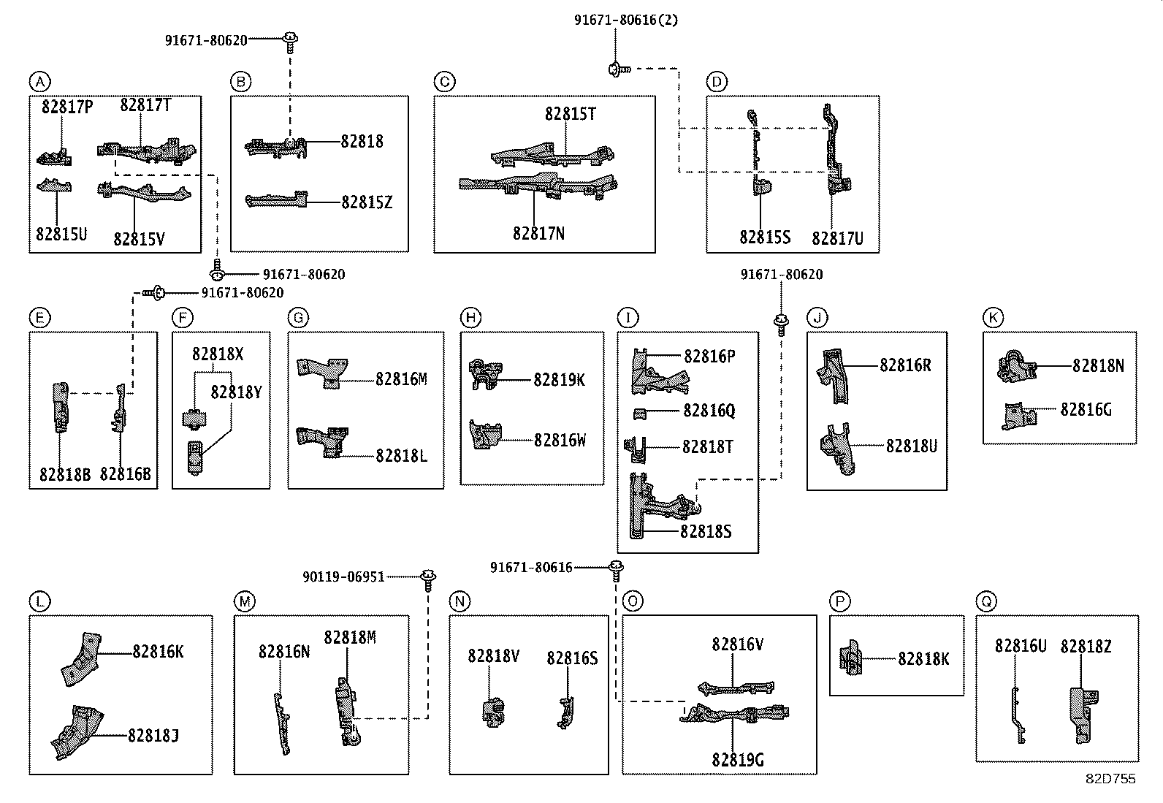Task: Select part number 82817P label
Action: point(67,107)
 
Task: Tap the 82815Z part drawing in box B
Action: point(275,200)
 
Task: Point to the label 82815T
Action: point(570,114)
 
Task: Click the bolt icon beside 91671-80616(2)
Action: point(615,69)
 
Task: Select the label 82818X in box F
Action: point(218,354)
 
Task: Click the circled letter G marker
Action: point(298,318)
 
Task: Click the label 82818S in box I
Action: point(706,531)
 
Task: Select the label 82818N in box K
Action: point(1098,365)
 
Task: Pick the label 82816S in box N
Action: point(572,658)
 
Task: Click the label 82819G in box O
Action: point(738,760)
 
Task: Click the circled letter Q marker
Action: point(986,601)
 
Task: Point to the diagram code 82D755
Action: point(1110,779)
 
